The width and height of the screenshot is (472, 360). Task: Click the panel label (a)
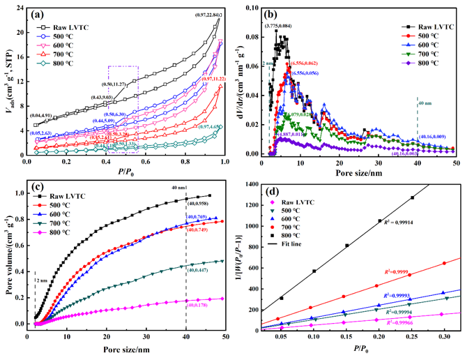pyautogui.click(x=37, y=15)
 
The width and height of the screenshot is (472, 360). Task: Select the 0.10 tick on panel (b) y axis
pyautogui.click(x=252, y=9)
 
